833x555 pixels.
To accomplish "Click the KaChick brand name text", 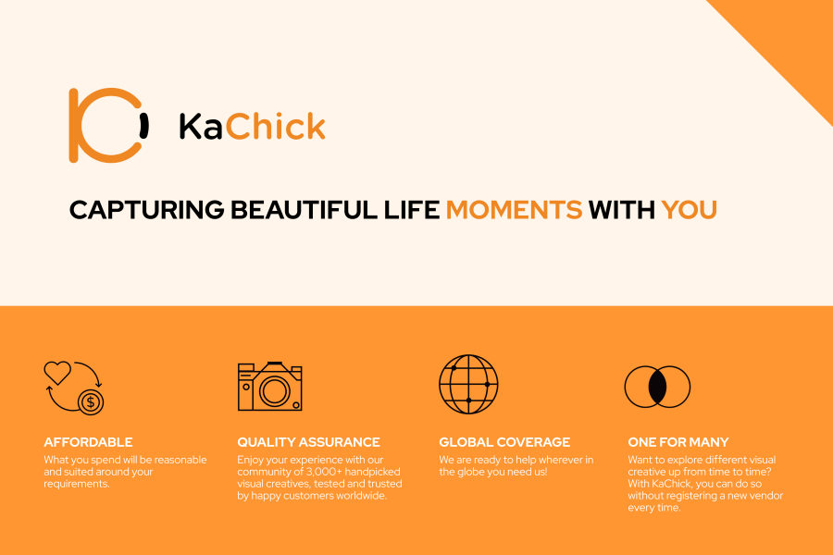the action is click(253, 127).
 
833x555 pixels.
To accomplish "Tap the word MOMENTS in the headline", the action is click(515, 210).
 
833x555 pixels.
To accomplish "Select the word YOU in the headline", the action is click(689, 210).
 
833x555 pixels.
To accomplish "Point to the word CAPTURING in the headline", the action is click(146, 210).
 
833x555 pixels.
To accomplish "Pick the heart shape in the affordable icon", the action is click(57, 372).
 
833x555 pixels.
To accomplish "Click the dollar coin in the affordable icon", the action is click(91, 402).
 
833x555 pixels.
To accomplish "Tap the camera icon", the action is click(270, 386).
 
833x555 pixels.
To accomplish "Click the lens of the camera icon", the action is click(274, 391).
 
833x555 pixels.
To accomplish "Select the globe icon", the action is click(468, 384).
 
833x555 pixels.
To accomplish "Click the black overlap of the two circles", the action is click(657, 387).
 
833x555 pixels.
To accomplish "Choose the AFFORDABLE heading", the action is click(88, 442).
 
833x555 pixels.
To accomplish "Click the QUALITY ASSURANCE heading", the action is click(308, 442).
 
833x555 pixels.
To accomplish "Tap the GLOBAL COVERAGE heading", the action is click(504, 442).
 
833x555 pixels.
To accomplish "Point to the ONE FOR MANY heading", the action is click(678, 442).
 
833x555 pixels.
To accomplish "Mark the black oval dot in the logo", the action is click(143, 126).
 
